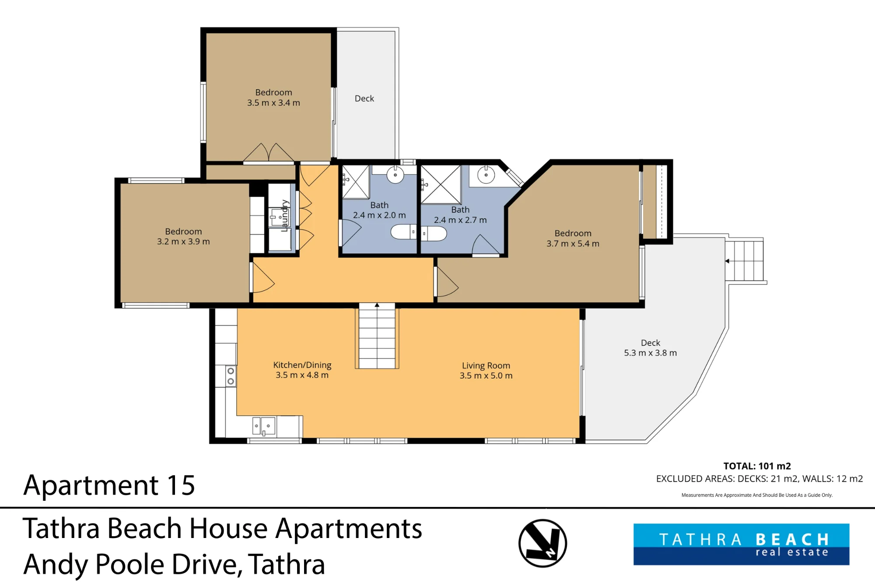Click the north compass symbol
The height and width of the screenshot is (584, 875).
[x=542, y=543]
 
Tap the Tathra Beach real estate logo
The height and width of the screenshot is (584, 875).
[x=741, y=544]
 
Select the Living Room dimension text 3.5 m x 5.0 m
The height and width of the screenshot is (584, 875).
[x=486, y=375]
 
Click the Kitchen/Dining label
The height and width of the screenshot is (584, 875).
[x=302, y=365]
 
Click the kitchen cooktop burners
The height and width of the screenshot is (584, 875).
[x=231, y=376]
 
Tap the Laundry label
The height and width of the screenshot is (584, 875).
[x=284, y=216]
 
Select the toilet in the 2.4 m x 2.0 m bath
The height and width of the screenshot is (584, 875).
[x=404, y=232]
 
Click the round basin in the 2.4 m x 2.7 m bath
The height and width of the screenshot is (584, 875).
[x=486, y=175]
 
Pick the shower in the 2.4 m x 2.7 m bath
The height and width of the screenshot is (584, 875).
[x=441, y=184]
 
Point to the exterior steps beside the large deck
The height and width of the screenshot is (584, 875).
[x=745, y=261]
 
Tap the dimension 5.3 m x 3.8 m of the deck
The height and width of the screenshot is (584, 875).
[x=650, y=353]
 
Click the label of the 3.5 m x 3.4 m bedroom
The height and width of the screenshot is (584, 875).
[x=273, y=92]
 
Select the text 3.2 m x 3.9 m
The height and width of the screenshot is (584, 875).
[x=183, y=242]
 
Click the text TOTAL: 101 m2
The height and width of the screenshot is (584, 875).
[x=757, y=466]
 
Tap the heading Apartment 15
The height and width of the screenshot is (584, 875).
[x=109, y=485]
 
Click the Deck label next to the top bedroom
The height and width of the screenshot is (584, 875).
[x=364, y=99]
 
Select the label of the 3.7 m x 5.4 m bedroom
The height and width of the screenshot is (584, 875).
[x=573, y=234]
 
